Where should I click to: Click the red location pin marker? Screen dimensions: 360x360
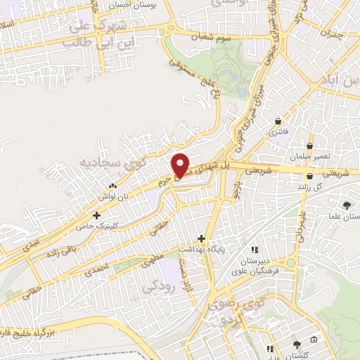point(181,165)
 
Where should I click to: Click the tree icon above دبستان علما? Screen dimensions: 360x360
point(347,205)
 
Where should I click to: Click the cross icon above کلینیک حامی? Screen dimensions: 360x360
point(97,214)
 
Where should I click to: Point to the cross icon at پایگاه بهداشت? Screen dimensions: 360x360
point(202,239)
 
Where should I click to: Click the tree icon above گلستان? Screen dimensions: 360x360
point(297,345)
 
